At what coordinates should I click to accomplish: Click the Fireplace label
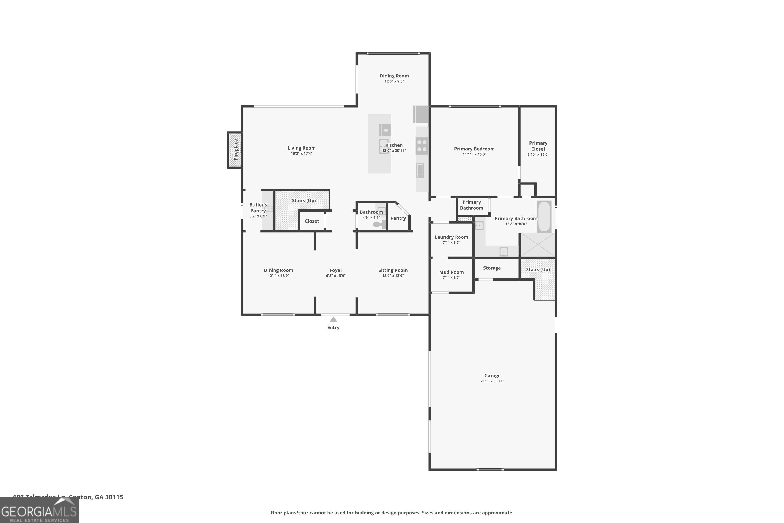click(236, 149)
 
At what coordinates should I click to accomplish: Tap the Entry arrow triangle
click(333, 320)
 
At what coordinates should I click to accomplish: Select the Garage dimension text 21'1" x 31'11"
click(492, 381)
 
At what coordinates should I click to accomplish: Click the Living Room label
click(301, 148)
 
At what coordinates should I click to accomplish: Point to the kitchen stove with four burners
click(422, 146)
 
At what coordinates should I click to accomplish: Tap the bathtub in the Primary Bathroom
click(544, 216)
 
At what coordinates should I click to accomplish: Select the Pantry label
click(398, 218)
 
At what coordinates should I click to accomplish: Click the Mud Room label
click(451, 272)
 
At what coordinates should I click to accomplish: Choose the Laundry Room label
click(451, 237)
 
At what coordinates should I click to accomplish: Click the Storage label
click(492, 268)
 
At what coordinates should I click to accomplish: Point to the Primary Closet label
click(538, 146)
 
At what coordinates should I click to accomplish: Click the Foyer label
click(336, 270)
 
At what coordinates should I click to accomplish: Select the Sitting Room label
click(393, 270)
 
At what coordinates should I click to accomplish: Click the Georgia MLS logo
click(39, 510)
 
